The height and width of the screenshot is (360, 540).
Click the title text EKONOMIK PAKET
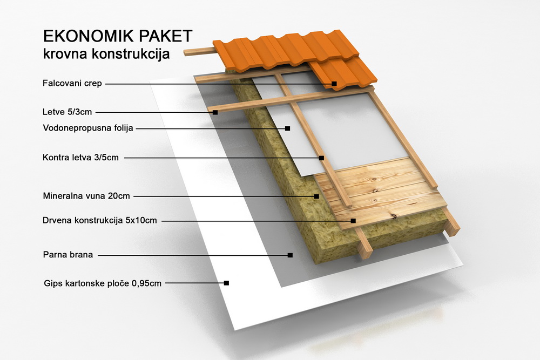(x=118, y=36)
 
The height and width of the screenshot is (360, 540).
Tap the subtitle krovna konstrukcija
(x=106, y=54)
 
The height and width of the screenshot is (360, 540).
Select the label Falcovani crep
(x=72, y=84)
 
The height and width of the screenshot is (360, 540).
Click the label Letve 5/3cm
(x=67, y=112)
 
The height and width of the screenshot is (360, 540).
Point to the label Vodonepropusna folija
(x=88, y=128)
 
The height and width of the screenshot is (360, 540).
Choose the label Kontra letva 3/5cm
(x=80, y=158)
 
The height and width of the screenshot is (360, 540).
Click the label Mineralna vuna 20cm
(x=86, y=196)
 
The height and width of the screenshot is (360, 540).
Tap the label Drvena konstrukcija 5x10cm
(x=100, y=220)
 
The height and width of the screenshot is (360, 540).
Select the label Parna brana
(x=68, y=255)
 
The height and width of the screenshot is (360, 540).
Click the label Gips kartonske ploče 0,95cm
(x=103, y=283)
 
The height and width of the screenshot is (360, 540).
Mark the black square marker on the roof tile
(x=334, y=84)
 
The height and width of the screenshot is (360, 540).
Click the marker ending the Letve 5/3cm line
(x=215, y=112)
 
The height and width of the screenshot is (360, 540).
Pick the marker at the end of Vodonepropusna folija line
(x=288, y=128)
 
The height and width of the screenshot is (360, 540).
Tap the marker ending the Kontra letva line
(x=321, y=158)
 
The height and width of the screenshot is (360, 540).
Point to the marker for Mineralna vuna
(x=316, y=196)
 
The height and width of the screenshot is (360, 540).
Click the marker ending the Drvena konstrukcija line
(x=353, y=221)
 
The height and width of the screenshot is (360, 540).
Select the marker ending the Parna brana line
(x=290, y=255)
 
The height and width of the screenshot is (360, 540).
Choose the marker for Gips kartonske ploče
(x=226, y=283)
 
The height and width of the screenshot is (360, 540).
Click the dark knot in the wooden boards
(x=392, y=216)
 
